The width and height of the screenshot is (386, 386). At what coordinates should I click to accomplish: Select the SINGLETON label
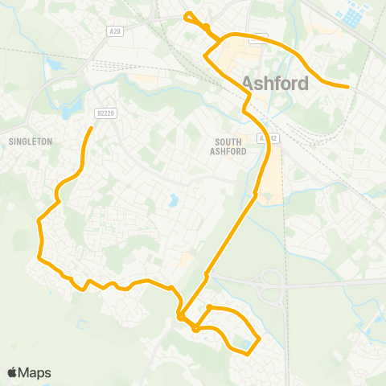click(x=30, y=141)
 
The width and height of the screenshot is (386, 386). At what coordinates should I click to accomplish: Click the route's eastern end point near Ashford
click(x=347, y=86)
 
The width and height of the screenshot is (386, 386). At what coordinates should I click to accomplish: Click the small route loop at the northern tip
click(x=189, y=16)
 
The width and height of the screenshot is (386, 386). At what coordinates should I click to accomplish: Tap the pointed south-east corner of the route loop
click(x=259, y=339)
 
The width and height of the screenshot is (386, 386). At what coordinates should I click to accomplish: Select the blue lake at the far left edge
click(x=54, y=62)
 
